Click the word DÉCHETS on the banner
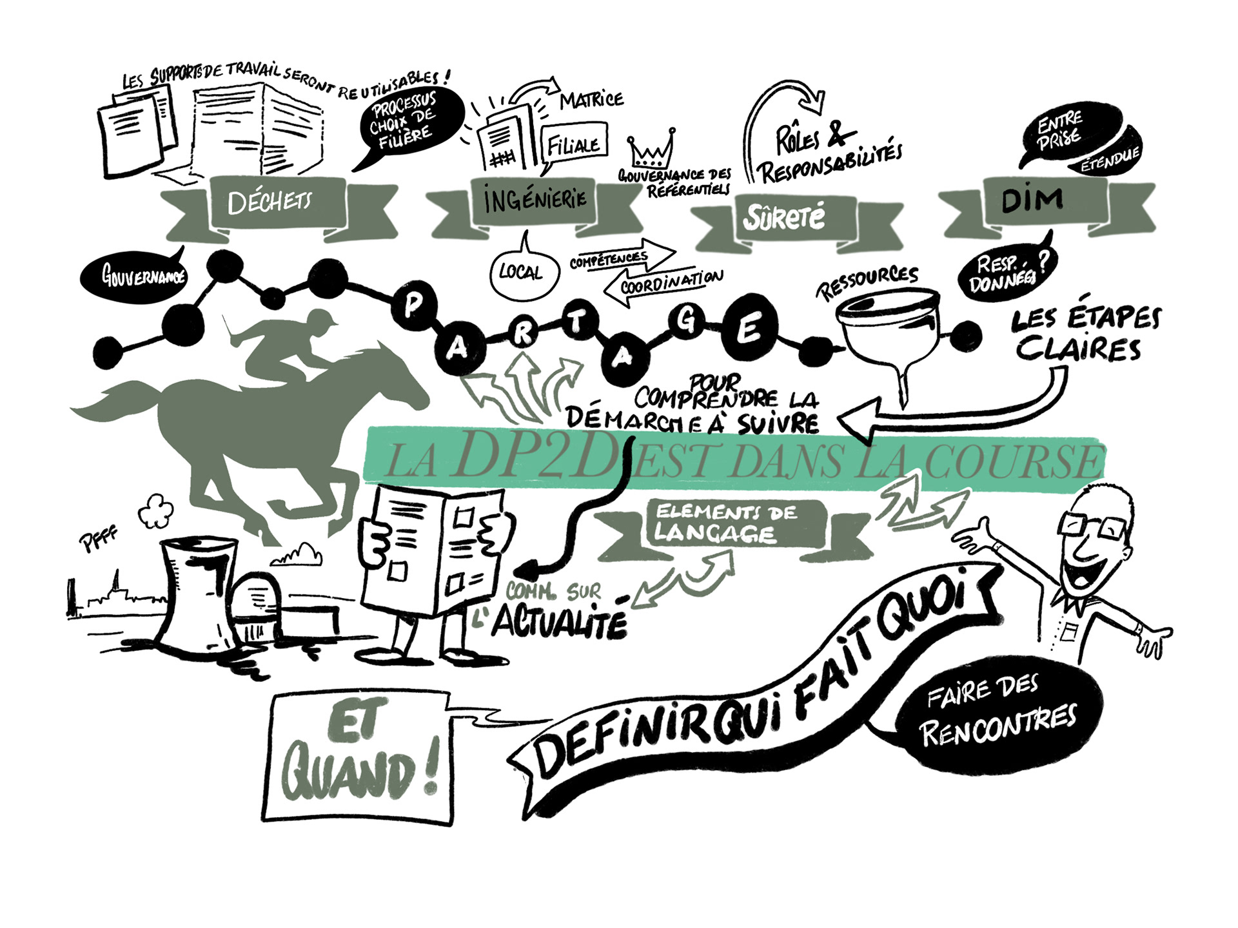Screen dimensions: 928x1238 270,202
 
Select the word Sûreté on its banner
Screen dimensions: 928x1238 784,217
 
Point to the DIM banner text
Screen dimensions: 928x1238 1032,201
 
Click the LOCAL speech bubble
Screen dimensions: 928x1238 520,273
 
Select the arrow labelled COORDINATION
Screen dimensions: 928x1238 664,282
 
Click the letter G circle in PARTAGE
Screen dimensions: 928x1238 686,320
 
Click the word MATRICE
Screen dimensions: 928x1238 591,99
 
